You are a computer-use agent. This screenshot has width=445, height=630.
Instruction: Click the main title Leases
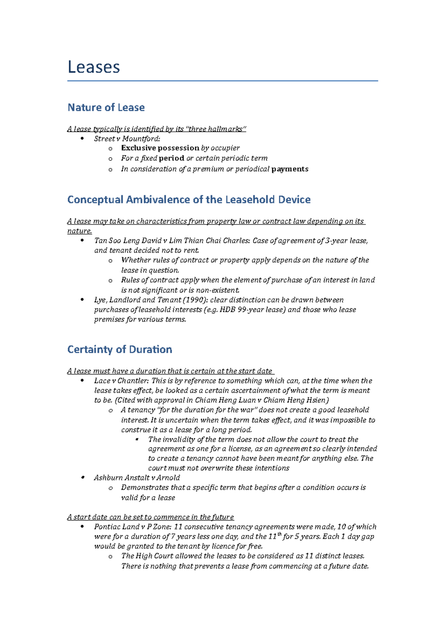[94, 67]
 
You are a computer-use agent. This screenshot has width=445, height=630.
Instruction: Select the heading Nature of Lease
[106, 108]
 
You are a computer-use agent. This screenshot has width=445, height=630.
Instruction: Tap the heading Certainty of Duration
[119, 350]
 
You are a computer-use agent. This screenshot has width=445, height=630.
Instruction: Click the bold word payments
[290, 169]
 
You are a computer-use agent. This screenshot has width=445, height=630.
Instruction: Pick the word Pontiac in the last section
[106, 526]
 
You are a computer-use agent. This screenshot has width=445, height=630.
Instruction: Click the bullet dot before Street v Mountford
[82, 139]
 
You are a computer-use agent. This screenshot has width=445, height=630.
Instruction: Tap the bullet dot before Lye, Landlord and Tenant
[82, 300]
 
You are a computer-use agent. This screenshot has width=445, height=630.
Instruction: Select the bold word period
[171, 158]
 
